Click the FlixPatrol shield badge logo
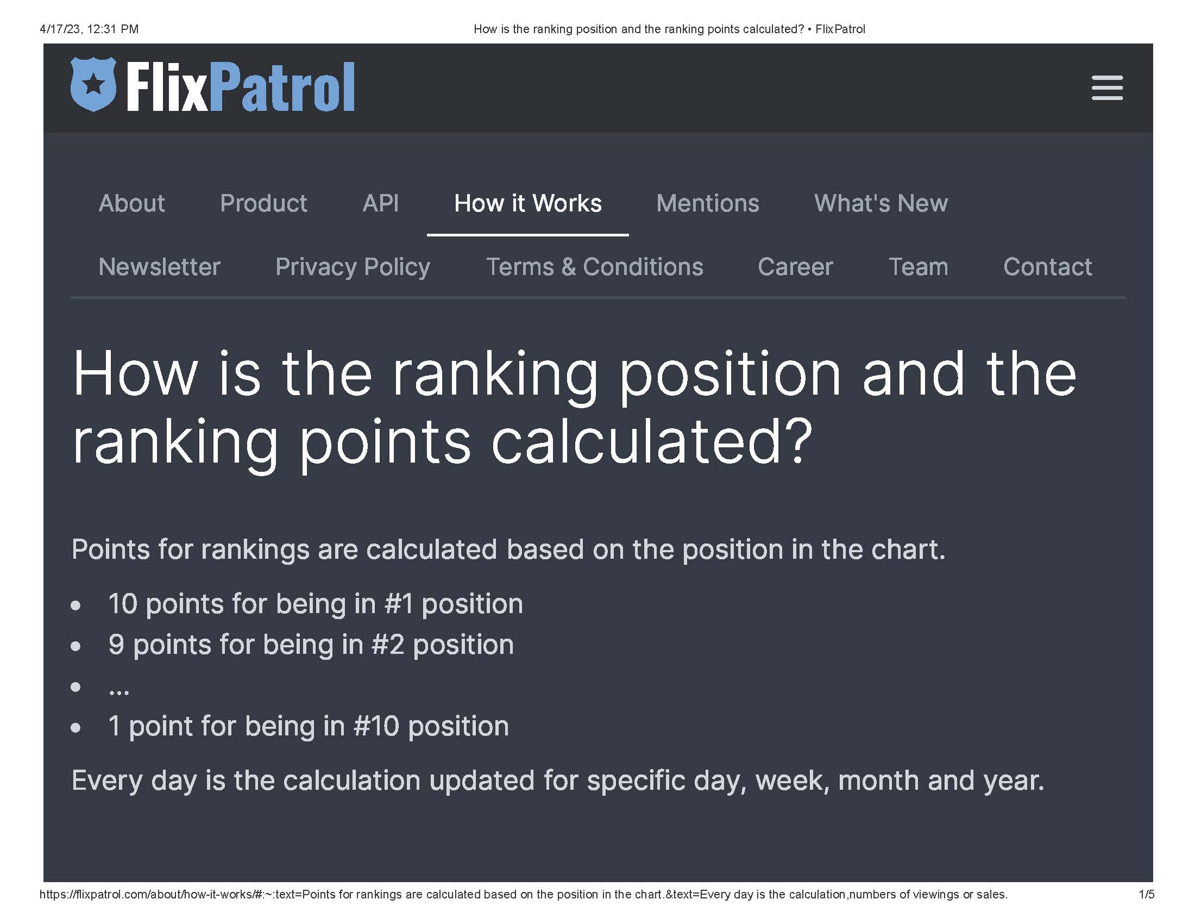point(93,84)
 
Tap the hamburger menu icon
point(1107,88)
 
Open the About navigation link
point(132,203)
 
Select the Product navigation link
point(263,203)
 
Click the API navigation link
point(381,203)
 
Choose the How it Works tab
point(528,203)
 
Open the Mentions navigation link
point(707,203)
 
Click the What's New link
point(881,203)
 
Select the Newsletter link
point(159,266)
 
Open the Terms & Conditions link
point(595,266)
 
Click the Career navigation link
point(795,266)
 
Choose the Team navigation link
point(918,266)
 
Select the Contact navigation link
point(1047,266)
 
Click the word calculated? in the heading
point(652,441)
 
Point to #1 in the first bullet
point(399,604)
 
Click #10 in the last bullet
point(376,726)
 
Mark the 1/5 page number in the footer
point(1146,895)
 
